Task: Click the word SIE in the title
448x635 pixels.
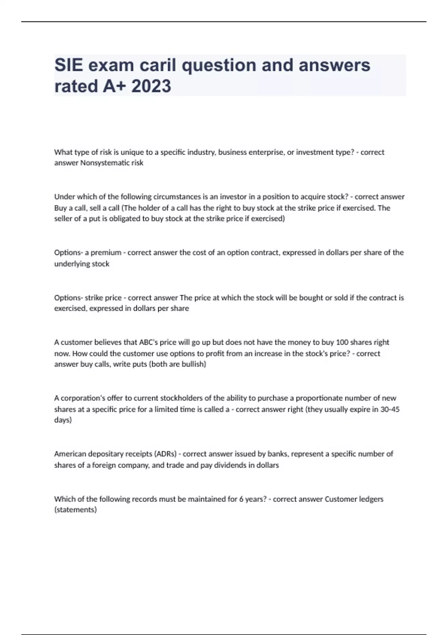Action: point(69,65)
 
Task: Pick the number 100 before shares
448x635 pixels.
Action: point(342,342)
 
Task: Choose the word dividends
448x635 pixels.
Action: point(228,465)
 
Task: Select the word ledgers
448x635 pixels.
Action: point(371,499)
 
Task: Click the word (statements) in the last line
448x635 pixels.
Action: point(75,510)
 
